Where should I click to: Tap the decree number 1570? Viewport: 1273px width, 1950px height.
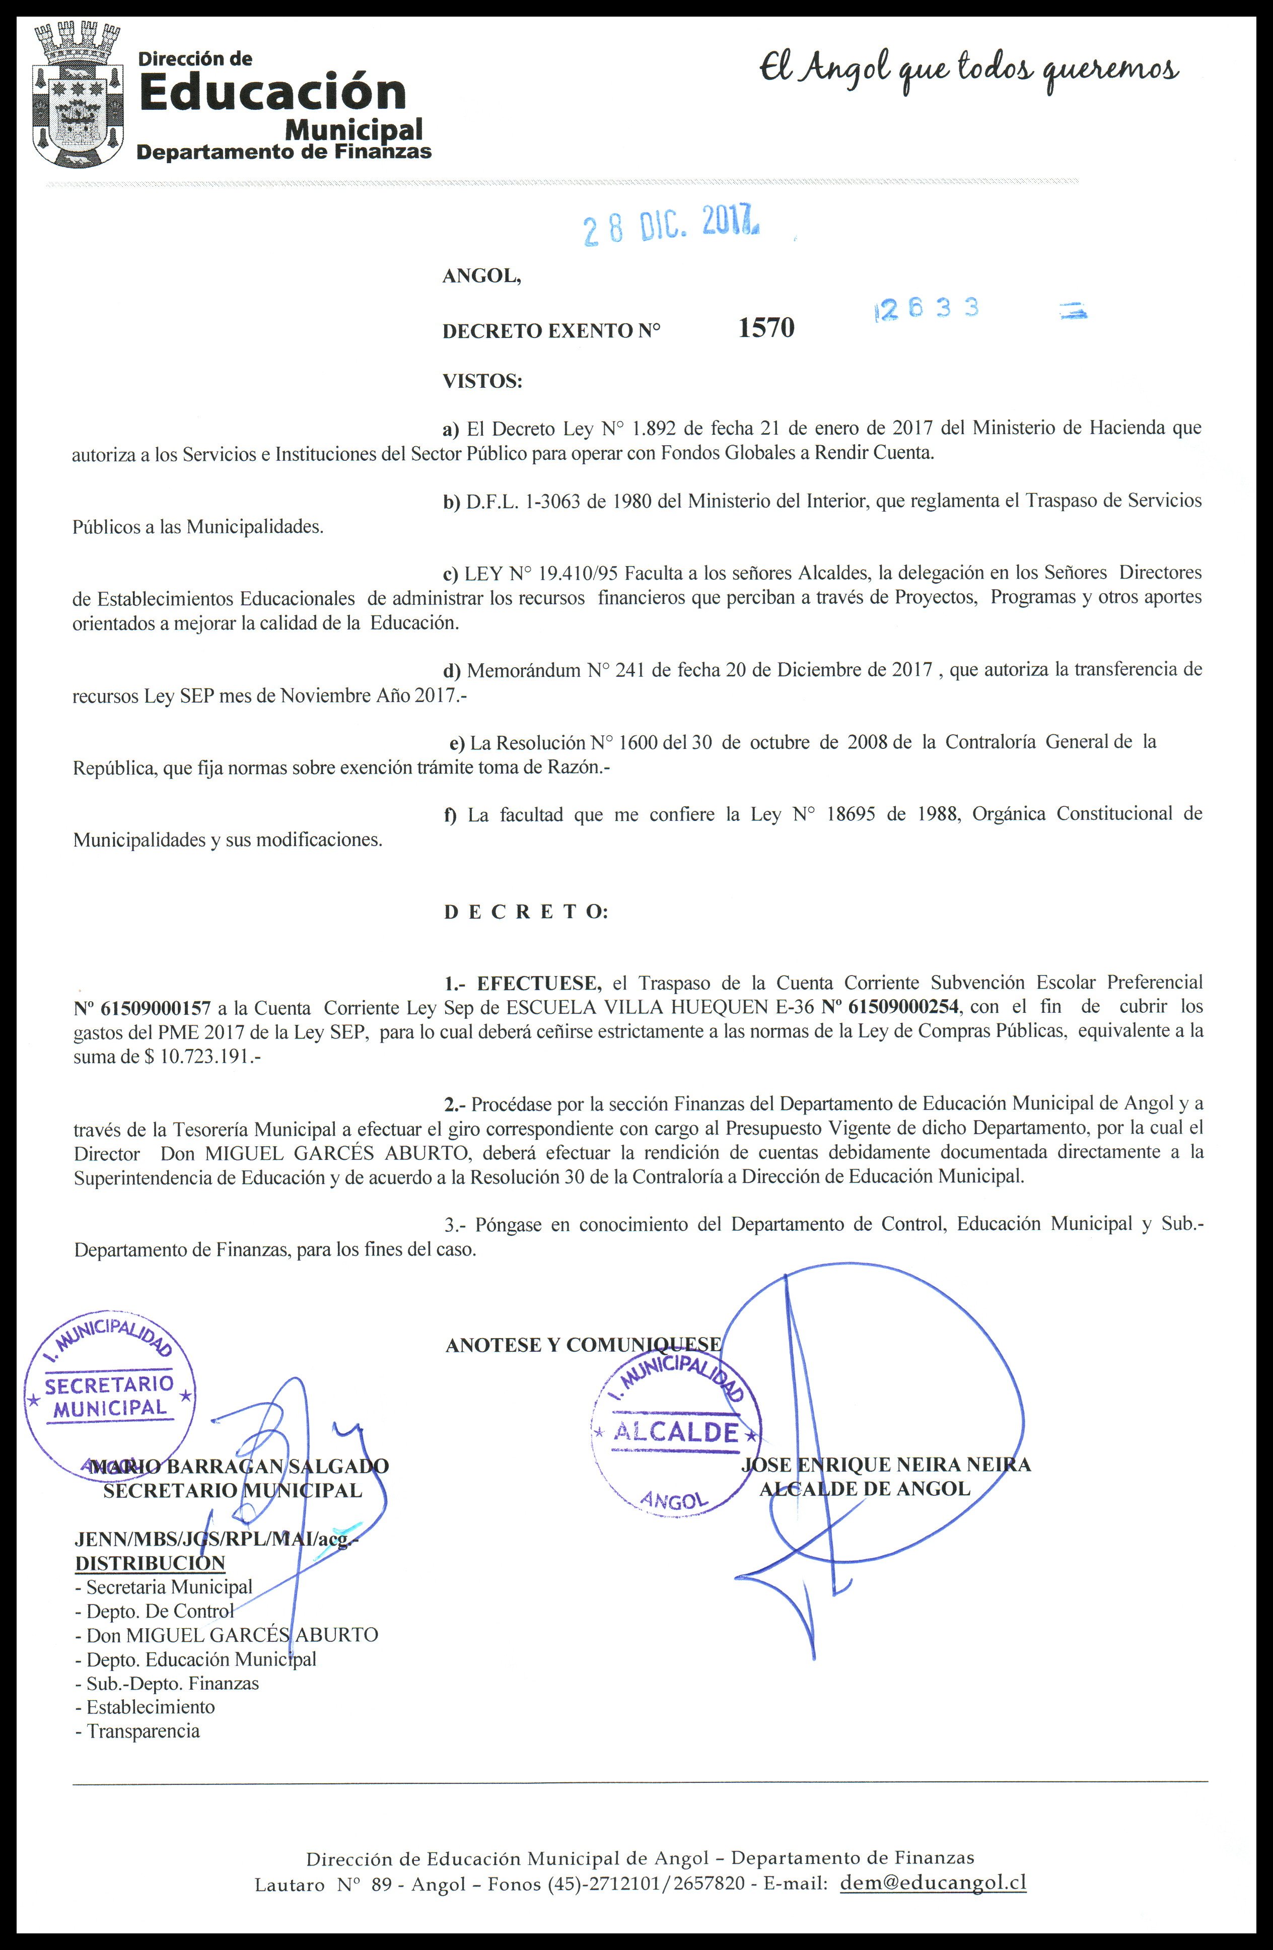point(766,328)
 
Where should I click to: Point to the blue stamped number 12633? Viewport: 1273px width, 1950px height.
point(928,309)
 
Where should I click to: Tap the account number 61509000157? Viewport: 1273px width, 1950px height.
point(141,1007)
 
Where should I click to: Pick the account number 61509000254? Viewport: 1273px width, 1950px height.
point(890,1007)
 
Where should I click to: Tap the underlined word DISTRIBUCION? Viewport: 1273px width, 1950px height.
point(150,1562)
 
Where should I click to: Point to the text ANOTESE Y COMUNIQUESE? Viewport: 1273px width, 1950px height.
point(583,1345)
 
